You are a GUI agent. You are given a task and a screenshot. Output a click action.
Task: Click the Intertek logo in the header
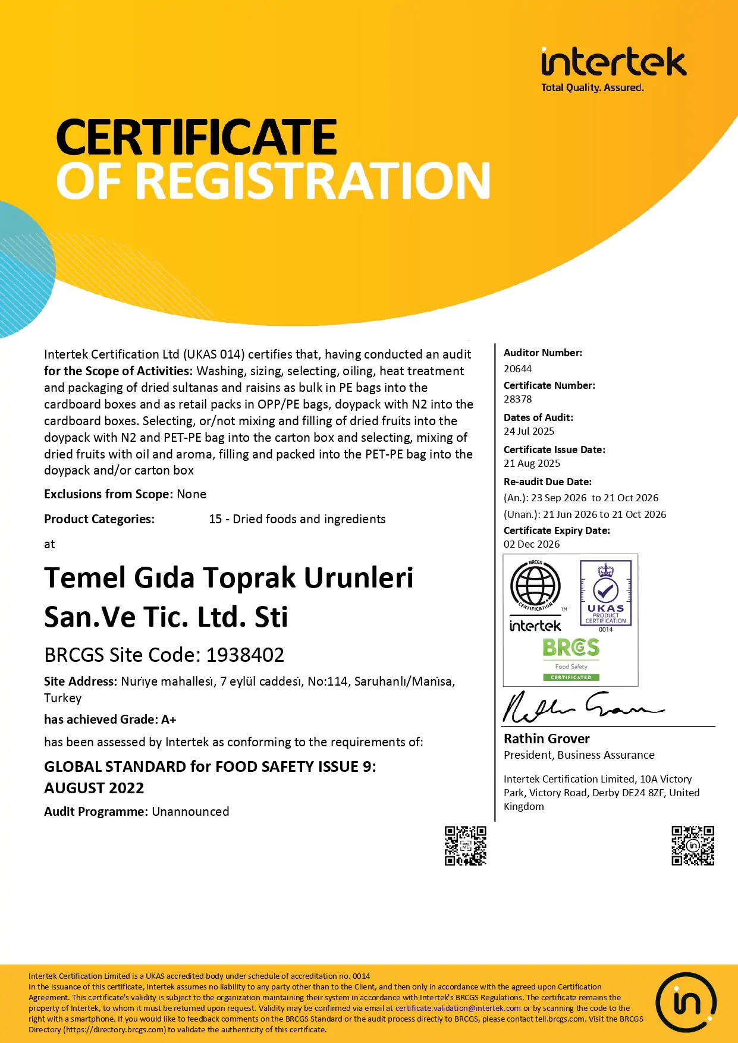point(613,63)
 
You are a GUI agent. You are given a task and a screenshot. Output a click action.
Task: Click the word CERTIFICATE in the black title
point(196,137)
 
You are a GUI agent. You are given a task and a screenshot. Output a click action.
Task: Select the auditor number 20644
point(517,369)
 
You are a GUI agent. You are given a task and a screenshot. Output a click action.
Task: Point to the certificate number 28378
point(517,399)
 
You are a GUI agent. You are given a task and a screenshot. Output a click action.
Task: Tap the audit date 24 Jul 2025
point(529,431)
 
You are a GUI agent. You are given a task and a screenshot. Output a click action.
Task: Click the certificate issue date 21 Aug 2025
point(532,463)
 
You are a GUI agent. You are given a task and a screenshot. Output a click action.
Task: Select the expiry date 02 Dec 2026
point(532,544)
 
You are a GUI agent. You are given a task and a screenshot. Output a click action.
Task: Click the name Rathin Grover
point(547,739)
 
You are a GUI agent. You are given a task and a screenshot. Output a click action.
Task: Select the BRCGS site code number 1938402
point(245,655)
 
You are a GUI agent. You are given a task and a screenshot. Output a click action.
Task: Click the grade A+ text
point(169,720)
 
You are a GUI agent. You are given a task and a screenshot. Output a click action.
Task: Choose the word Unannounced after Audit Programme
point(190,812)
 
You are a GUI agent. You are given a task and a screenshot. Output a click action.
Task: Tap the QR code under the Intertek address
point(693,845)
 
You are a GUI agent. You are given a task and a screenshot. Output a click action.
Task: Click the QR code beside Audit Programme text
point(466,845)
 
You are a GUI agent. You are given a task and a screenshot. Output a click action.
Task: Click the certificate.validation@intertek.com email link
point(458,1008)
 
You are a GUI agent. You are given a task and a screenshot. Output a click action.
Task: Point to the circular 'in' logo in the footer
point(686,1003)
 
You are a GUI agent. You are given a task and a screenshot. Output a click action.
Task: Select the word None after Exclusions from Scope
point(191,494)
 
